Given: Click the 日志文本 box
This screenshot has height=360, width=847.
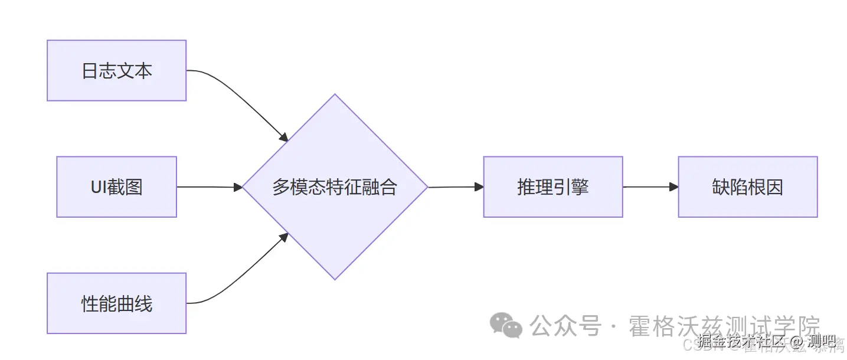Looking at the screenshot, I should click(x=116, y=70).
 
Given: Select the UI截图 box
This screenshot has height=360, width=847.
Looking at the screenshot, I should click(x=116, y=186).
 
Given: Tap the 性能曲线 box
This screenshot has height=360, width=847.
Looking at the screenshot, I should click(x=116, y=303).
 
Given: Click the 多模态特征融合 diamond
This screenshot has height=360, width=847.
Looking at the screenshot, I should click(x=335, y=186).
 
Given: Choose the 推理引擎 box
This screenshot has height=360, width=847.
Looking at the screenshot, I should click(x=552, y=186).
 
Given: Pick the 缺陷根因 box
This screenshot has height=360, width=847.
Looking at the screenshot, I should click(x=747, y=186).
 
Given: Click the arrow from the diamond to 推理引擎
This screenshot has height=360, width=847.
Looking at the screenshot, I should click(x=454, y=186).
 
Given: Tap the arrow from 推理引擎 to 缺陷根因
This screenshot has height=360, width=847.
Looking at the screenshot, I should click(x=649, y=186).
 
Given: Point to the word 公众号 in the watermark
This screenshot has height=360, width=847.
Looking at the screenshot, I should click(x=565, y=326).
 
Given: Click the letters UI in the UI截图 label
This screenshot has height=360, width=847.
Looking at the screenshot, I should click(x=98, y=187).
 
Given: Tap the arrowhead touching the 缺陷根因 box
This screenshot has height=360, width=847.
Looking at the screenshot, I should click(x=673, y=186).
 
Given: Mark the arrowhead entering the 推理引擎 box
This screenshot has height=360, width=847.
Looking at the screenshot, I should click(x=479, y=186).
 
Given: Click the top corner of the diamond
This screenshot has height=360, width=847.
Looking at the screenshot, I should click(x=335, y=95).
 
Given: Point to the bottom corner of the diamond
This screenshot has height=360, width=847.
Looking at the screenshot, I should click(x=335, y=279).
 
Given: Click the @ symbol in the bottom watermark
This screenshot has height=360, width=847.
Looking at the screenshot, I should click(x=797, y=341).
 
